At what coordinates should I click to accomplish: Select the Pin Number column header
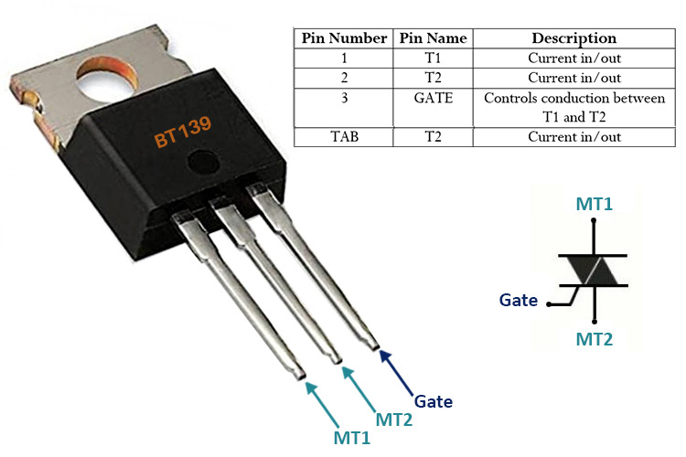click(x=343, y=38)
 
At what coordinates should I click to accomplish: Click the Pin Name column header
click(x=434, y=38)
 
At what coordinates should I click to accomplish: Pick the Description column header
click(x=573, y=38)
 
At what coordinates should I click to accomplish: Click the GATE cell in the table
click(x=434, y=98)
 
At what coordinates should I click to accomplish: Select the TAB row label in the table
click(x=343, y=137)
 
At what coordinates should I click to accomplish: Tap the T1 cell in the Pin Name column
click(x=434, y=58)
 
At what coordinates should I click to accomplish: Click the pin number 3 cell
click(x=343, y=98)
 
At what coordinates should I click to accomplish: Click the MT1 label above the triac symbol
click(x=595, y=203)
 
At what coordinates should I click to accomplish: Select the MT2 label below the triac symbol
click(x=595, y=339)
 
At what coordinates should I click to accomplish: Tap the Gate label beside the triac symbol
click(x=519, y=300)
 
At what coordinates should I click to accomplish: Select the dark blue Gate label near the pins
click(x=434, y=400)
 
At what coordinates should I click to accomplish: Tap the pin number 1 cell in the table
click(x=343, y=58)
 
